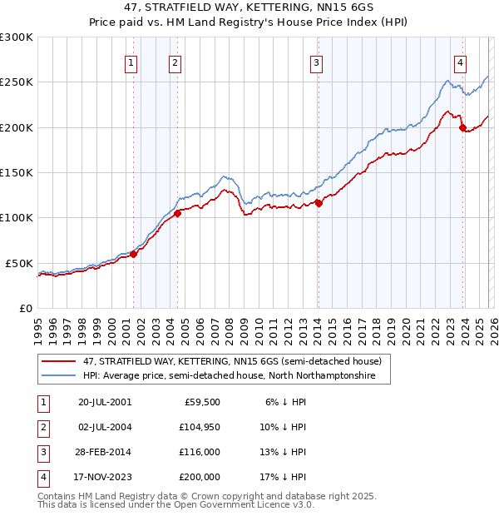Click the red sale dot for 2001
coord(133,255)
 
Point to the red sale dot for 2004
coord(177,213)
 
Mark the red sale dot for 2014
coord(319,203)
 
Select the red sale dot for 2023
coord(462,127)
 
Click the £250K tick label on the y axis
coord(16,82)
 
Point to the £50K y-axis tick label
coord(18,263)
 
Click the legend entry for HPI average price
coord(229,376)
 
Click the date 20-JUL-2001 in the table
coord(104,401)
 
